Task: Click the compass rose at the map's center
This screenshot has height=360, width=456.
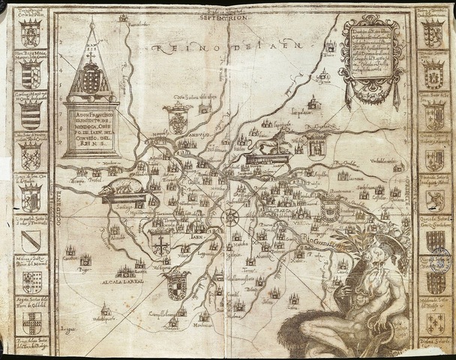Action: [230, 217]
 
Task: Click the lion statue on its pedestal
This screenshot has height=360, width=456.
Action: [266, 145]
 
